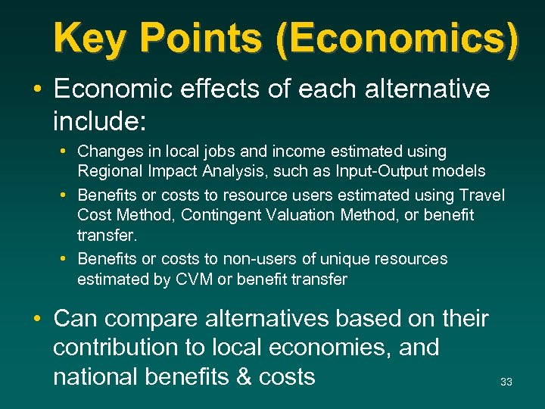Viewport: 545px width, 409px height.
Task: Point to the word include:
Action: (x=99, y=117)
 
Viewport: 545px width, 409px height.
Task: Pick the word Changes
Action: (x=107, y=151)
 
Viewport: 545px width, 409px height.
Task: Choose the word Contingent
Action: (x=215, y=215)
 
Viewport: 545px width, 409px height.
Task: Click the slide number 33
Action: (x=506, y=382)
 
